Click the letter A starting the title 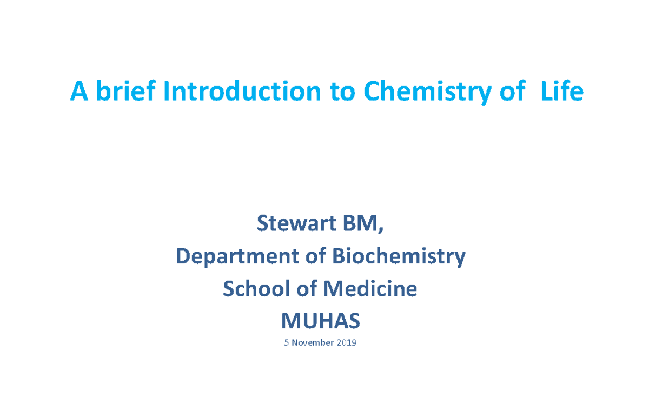coord(79,92)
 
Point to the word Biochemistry coord(398,256)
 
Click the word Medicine coord(370,289)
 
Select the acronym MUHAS coord(320,322)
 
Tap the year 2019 coord(347,342)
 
